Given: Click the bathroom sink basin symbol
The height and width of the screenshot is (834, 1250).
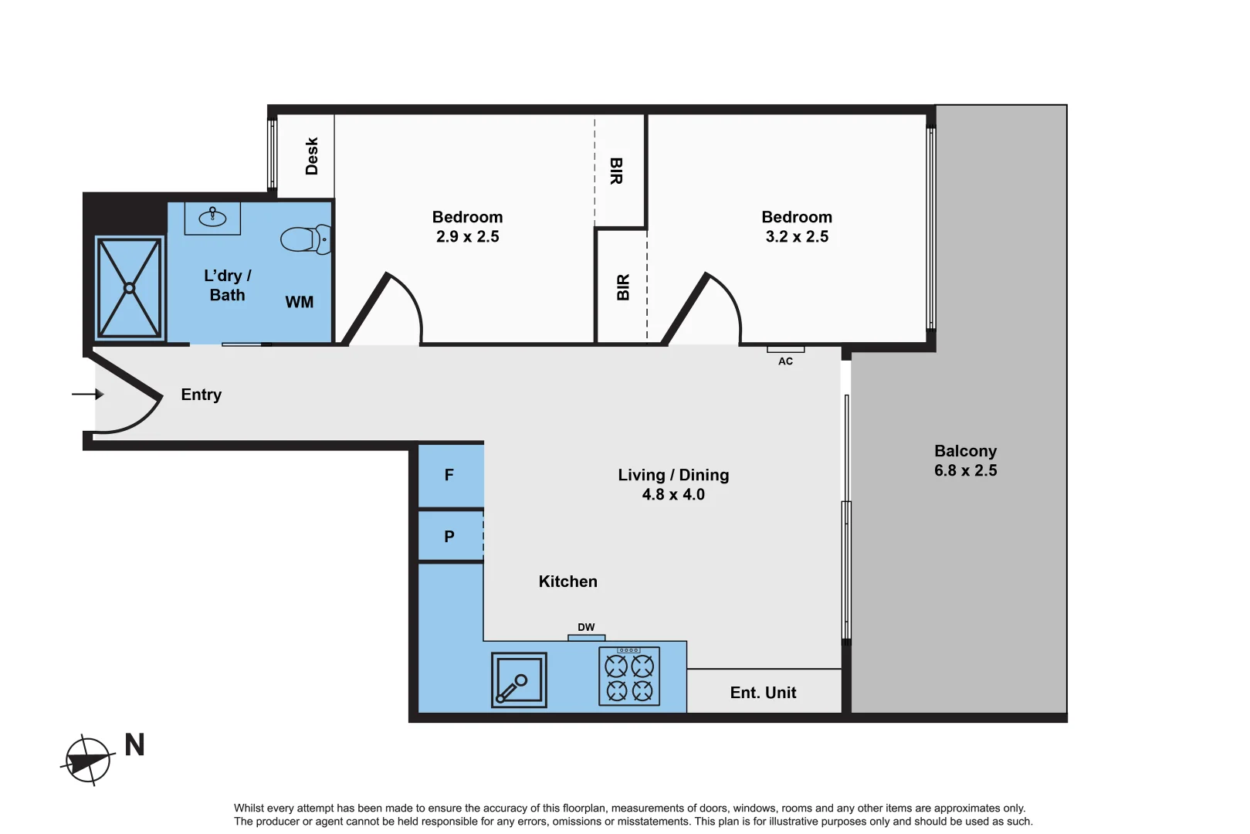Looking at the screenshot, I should (212, 218).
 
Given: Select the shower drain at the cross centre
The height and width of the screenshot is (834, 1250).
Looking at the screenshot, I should (130, 288).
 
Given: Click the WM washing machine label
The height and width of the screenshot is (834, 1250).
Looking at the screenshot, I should (300, 302).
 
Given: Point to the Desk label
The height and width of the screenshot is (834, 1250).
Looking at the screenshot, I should (312, 156).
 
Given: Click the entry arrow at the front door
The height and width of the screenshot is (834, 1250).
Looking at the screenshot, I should (88, 395).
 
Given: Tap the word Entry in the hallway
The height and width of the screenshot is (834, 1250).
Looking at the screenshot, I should (201, 395).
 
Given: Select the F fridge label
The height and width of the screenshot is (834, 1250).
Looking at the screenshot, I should (449, 475).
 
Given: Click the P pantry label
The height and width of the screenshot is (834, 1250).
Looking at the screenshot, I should (449, 536).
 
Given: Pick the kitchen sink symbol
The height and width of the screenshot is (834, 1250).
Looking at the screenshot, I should (519, 680).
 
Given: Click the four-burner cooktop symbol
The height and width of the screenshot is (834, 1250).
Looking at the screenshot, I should (629, 677).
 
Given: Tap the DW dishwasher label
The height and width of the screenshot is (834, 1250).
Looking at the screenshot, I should (586, 627).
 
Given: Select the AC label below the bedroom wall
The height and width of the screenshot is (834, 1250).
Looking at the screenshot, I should (785, 361).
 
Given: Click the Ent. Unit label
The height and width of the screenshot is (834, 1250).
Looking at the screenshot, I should (763, 693).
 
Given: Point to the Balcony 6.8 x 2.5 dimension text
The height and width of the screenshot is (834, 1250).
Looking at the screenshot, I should (965, 470).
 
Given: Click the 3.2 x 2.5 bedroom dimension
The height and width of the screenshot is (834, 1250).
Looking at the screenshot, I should (797, 237).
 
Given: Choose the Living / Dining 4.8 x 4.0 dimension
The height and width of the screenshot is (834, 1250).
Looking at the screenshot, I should (673, 494).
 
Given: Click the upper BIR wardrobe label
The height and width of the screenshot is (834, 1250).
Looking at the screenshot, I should (616, 171).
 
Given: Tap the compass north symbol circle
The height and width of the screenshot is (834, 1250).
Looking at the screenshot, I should (88, 761).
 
